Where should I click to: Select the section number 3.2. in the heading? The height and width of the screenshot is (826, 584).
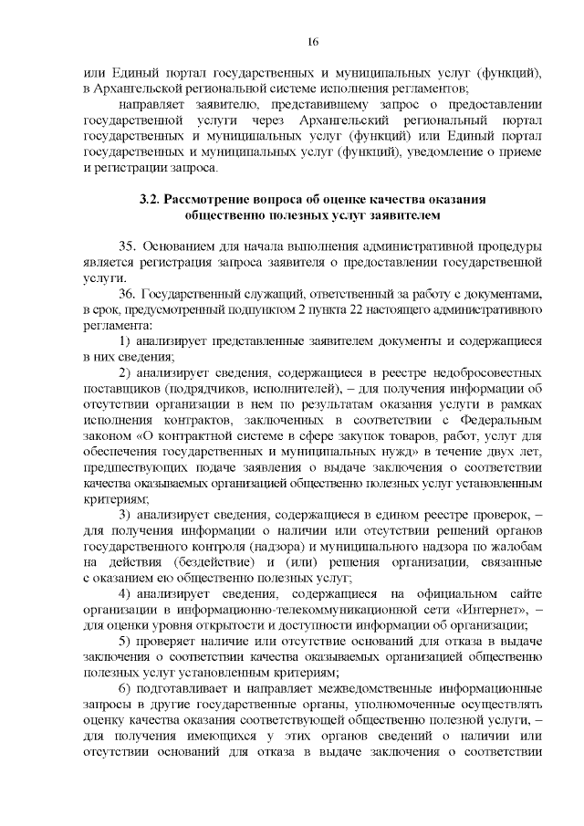tap(151, 200)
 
